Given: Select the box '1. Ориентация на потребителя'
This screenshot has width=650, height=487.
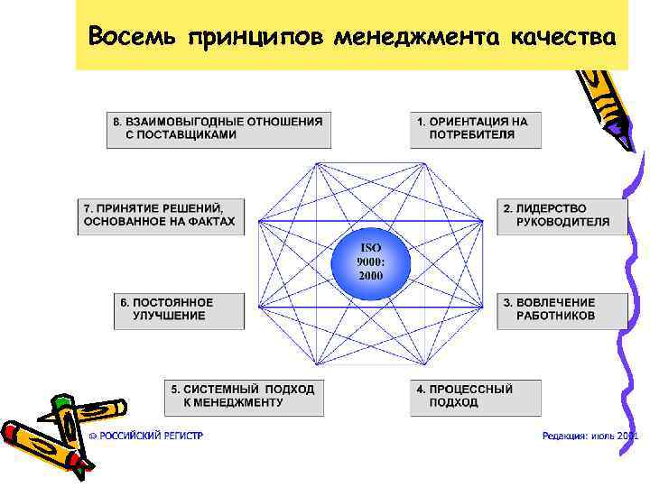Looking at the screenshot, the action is [x=476, y=128].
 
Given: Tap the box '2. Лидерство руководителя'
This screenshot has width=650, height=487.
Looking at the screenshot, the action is [x=562, y=216].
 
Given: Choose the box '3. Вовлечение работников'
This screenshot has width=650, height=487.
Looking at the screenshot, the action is [x=562, y=309].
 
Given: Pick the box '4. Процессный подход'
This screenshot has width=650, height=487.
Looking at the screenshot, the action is [x=476, y=397].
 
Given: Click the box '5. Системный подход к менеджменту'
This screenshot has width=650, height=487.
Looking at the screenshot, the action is [x=245, y=397].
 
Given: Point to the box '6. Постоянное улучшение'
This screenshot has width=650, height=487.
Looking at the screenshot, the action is [x=180, y=309].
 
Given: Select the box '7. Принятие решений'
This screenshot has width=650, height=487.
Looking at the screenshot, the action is [x=161, y=216].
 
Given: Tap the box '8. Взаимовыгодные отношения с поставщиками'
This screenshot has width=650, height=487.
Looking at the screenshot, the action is [x=218, y=128].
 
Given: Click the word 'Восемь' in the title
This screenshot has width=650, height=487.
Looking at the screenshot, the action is [x=135, y=38].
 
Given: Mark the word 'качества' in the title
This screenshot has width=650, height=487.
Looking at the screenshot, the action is [x=563, y=38].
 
